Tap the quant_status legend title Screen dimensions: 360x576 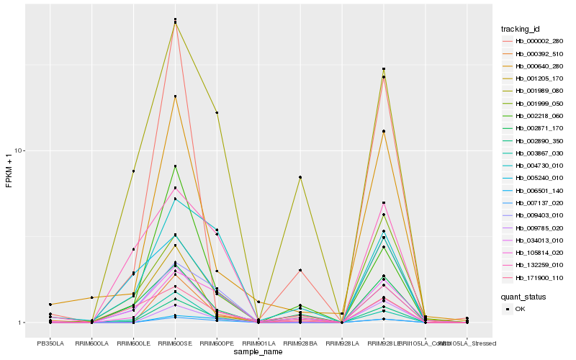point(523,296)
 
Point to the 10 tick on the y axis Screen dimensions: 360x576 point(21,150)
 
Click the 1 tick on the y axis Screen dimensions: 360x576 point(23,323)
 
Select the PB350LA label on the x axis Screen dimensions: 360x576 point(50,343)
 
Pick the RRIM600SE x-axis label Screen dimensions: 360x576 point(176,343)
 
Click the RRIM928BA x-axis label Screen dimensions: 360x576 point(300,343)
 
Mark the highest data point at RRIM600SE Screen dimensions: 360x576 point(176,19)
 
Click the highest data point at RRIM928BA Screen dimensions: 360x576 point(300,177)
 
